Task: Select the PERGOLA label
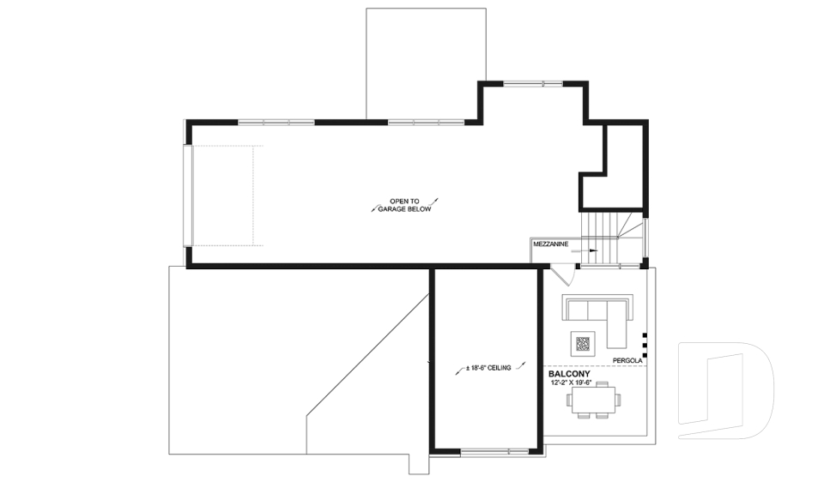tap(627, 360)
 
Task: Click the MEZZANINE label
tap(550, 244)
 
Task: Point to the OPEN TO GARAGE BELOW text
tap(403, 204)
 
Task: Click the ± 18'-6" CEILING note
tap(488, 368)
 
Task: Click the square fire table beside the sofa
tap(583, 344)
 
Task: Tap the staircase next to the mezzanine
tap(611, 236)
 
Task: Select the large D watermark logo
tap(724, 390)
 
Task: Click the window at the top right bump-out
tap(532, 83)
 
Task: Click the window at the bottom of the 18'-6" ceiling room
tap(494, 450)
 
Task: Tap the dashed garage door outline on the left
tap(225, 196)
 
